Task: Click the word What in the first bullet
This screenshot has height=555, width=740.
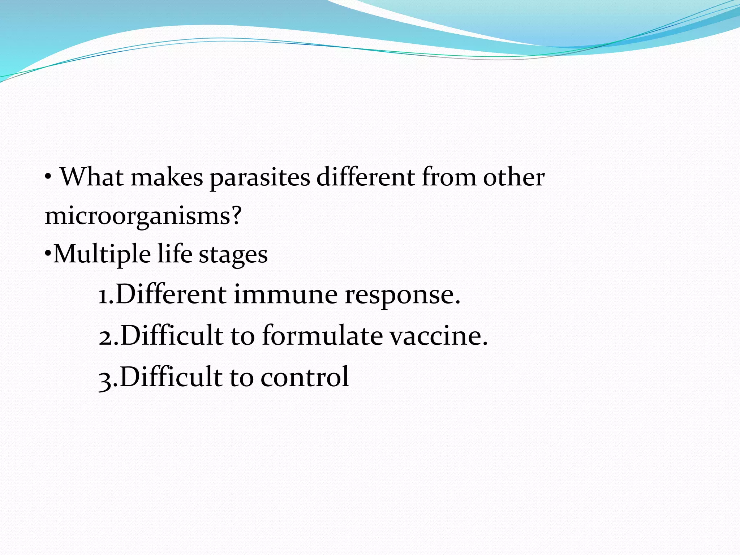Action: click(x=91, y=177)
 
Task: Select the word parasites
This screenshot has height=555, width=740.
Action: click(x=260, y=178)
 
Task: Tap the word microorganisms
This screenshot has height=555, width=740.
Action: click(x=137, y=216)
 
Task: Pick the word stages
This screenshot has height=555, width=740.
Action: click(x=233, y=255)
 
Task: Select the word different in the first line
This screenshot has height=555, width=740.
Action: click(x=365, y=177)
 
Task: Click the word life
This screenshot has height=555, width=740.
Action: click(x=175, y=254)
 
